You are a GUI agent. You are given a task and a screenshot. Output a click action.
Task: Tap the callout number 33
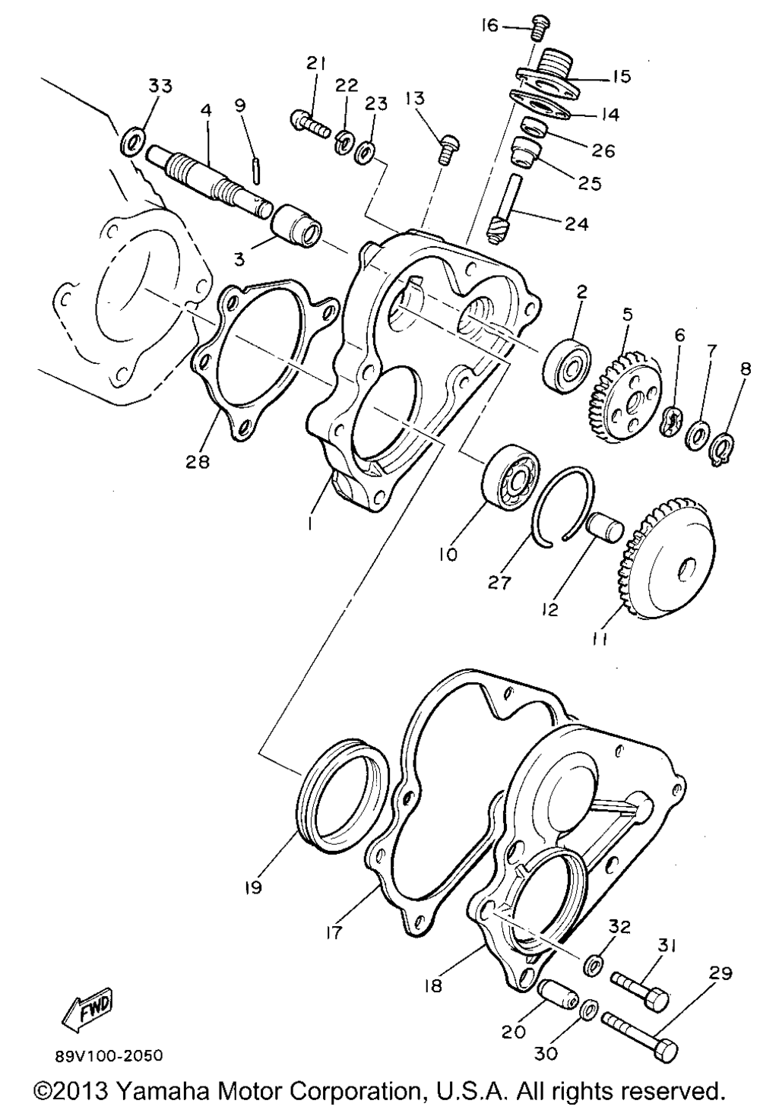(x=160, y=87)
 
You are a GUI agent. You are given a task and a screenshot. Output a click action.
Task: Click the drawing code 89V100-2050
(x=109, y=1057)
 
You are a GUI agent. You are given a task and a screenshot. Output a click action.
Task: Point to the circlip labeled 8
(x=725, y=447)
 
